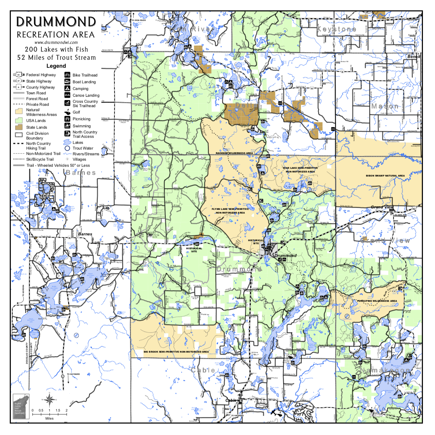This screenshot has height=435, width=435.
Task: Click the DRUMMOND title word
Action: [56, 22]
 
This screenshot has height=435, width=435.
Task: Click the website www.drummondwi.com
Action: [56, 42]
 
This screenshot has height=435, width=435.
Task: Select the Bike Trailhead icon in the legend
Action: [67, 75]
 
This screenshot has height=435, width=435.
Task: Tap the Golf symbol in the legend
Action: [67, 112]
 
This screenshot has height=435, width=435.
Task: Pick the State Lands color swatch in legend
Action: [19, 127]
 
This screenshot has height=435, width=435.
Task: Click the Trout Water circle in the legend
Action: [67, 148]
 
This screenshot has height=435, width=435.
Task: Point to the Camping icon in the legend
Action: [67, 88]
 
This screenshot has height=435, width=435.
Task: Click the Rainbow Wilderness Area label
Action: [234, 153]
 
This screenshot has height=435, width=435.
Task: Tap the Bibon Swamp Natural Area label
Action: [385, 176]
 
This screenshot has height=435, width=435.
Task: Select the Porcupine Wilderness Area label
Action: [377, 301]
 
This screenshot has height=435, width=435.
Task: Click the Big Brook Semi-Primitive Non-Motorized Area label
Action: [176, 352]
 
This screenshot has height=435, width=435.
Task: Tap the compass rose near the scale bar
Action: [49, 400]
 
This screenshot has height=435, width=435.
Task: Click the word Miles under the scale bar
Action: [49, 419]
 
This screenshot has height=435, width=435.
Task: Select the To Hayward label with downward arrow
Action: [73, 374]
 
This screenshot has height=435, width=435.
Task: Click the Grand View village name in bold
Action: [382, 207]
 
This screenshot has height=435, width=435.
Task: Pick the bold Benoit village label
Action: [414, 57]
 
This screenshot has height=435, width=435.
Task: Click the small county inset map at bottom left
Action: [19, 406]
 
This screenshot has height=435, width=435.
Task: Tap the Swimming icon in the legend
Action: [67, 126]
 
